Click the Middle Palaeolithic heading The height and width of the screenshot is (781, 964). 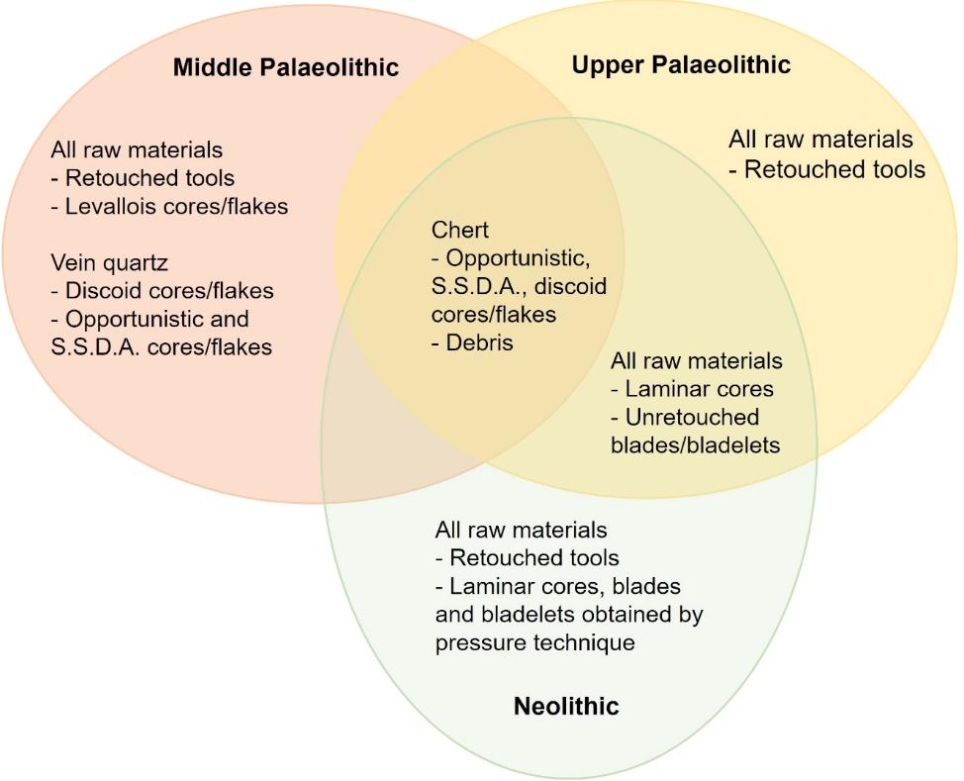(286, 67)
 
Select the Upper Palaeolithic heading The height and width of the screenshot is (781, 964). (681, 64)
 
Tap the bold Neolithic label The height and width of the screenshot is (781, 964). (566, 706)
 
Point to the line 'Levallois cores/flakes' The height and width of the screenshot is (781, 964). (176, 207)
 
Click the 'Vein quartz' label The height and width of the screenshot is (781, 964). (110, 263)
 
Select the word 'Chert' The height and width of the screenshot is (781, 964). (460, 230)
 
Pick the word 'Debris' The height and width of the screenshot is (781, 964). (480, 342)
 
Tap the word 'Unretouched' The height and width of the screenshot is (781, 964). (692, 418)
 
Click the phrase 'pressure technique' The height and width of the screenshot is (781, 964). (534, 643)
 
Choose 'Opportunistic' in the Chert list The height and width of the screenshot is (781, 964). (516, 259)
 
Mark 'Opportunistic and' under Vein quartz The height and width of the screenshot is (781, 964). (156, 320)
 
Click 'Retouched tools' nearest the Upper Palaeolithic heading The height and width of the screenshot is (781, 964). (835, 169)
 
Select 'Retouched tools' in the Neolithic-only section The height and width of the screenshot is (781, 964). (534, 557)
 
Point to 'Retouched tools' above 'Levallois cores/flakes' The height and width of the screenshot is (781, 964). (150, 178)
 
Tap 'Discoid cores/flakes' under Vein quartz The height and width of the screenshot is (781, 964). (169, 291)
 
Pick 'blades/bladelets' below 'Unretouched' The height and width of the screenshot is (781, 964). (696, 445)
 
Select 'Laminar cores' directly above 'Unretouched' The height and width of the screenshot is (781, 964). (700, 389)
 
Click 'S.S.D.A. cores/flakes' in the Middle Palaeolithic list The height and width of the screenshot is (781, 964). (161, 347)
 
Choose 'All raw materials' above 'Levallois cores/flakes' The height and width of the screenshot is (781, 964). (137, 150)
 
